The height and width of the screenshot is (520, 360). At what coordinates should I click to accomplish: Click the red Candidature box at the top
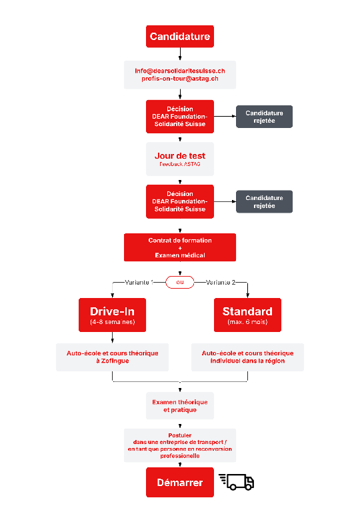click(180, 37)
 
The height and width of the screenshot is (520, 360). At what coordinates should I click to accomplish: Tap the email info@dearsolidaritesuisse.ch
click(180, 71)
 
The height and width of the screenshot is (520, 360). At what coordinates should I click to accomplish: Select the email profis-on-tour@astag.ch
click(180, 79)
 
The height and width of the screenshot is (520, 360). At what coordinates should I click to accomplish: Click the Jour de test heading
click(180, 155)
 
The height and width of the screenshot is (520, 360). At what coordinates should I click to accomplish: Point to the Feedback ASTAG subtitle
click(180, 164)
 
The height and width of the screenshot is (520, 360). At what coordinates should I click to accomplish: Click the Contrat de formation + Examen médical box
click(180, 247)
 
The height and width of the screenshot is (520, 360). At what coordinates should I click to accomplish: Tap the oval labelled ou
click(180, 282)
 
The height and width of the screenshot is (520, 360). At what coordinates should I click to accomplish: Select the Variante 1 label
click(139, 282)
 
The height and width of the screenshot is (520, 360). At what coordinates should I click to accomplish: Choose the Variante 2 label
click(221, 282)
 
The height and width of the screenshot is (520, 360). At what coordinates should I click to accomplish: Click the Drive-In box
click(113, 315)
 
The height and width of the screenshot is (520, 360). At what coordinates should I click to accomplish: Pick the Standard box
click(247, 315)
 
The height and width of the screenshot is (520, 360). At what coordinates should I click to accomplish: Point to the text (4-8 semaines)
click(113, 322)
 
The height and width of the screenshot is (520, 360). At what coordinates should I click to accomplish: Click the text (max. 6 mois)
click(247, 322)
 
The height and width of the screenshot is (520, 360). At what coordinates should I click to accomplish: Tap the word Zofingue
click(115, 361)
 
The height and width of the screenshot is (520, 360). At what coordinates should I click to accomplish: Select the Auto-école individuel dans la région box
click(247, 357)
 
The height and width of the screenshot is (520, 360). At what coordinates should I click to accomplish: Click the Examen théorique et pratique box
click(180, 406)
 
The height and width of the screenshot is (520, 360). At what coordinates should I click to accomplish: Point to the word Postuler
click(180, 435)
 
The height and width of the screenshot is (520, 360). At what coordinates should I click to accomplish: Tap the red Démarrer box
click(180, 482)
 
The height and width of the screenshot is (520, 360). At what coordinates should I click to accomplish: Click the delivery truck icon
click(237, 482)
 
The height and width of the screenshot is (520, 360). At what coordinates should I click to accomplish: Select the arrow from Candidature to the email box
click(180, 54)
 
